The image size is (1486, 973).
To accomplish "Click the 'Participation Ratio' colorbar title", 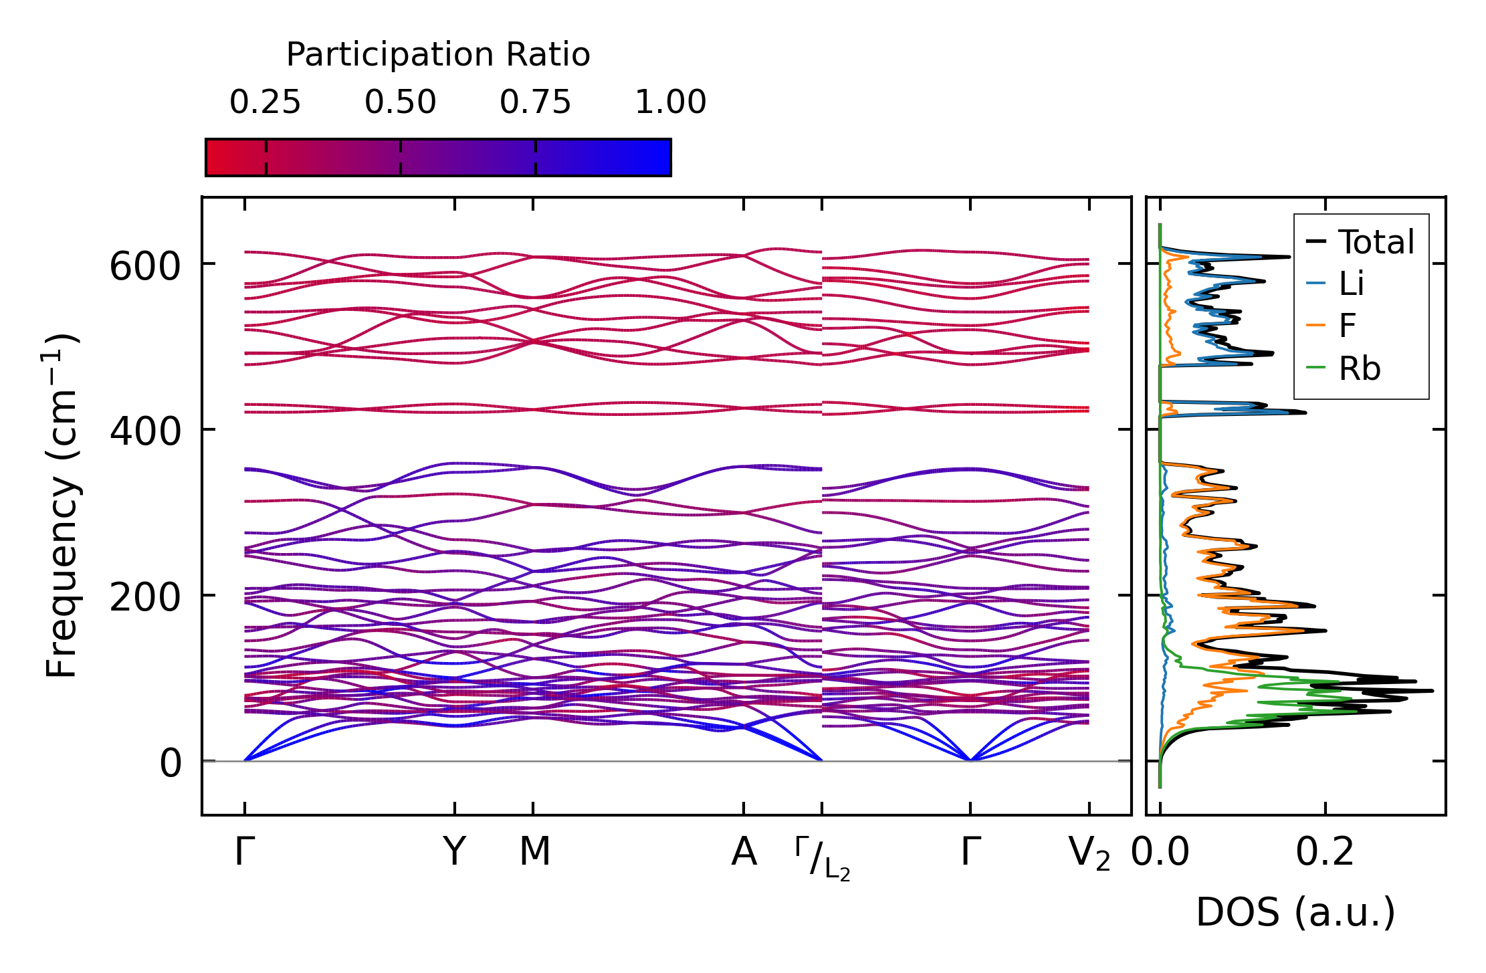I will coord(438,54).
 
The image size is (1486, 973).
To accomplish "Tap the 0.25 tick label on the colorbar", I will coord(266,102).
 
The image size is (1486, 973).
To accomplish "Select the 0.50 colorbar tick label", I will coord(401,102).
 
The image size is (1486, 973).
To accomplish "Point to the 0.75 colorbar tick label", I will coord(536,102).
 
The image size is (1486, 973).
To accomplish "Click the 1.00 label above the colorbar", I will coord(670,102).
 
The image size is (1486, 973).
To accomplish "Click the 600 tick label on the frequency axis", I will coord(145,267).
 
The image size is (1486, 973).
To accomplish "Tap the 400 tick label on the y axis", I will coord(145,431).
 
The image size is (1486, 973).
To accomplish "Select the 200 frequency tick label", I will coord(145,597).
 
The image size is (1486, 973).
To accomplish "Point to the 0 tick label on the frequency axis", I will coord(171,763).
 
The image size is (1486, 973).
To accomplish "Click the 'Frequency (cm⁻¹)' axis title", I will coord(62,506).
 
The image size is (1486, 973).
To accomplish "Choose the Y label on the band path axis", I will coord(454,852).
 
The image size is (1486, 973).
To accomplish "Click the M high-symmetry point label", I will coord(535,852).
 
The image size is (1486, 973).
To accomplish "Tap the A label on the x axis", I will coord(744,852).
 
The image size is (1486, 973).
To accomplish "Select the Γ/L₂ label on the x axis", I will coord(823,859).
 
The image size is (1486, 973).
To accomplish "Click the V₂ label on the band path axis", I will coord(1089,854).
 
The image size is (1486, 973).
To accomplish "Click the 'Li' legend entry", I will coord(1351,284).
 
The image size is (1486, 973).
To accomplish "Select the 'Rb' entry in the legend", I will coord(1360,368).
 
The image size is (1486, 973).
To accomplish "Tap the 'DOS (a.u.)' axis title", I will coord(1295,912).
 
